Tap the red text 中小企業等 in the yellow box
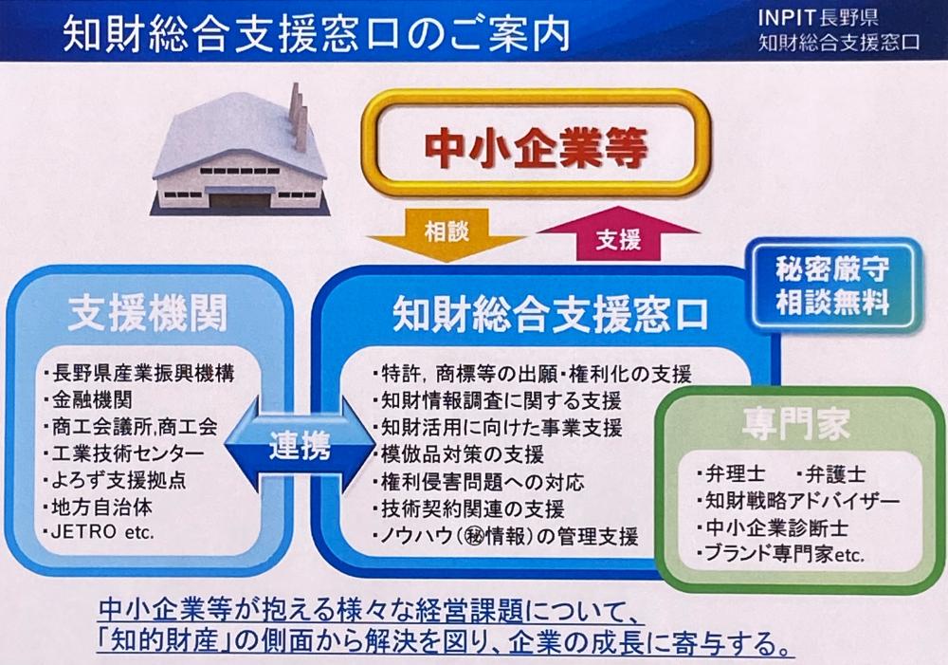tap(536, 148)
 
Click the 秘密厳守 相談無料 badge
tap(831, 286)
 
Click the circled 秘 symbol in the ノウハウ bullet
tap(476, 534)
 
